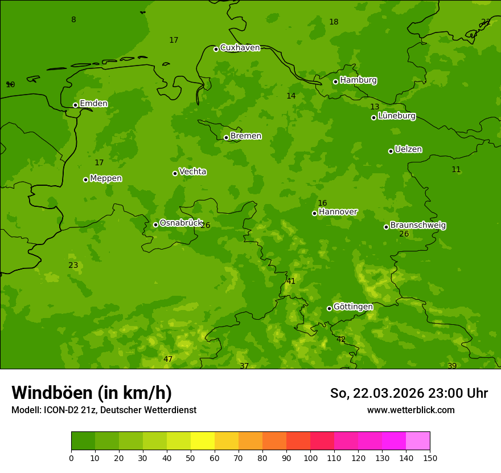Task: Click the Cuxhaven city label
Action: pyautogui.click(x=240, y=48)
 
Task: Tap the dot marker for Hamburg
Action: pyautogui.click(x=335, y=81)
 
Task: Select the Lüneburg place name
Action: pyautogui.click(x=396, y=116)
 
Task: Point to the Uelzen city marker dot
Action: pyautogui.click(x=391, y=151)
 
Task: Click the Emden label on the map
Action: pyautogui.click(x=93, y=104)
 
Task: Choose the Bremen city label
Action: pyautogui.click(x=245, y=136)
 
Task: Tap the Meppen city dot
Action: pyautogui.click(x=85, y=180)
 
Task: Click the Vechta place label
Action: pyautogui.click(x=192, y=172)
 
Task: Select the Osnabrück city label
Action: pyautogui.click(x=180, y=223)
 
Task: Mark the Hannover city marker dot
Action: pyautogui.click(x=314, y=213)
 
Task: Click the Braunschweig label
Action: pyautogui.click(x=418, y=226)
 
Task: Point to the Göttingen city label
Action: pyautogui.click(x=353, y=307)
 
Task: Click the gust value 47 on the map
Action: pyautogui.click(x=168, y=359)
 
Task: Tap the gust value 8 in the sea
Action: pyautogui.click(x=73, y=20)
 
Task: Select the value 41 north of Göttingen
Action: pyautogui.click(x=291, y=281)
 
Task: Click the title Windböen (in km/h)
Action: pyautogui.click(x=92, y=393)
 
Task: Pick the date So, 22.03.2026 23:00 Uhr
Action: pyautogui.click(x=409, y=393)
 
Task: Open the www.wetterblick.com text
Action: pyautogui.click(x=410, y=410)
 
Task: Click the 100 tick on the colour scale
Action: pyautogui.click(x=310, y=457)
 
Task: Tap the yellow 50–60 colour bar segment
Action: pyautogui.click(x=203, y=441)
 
